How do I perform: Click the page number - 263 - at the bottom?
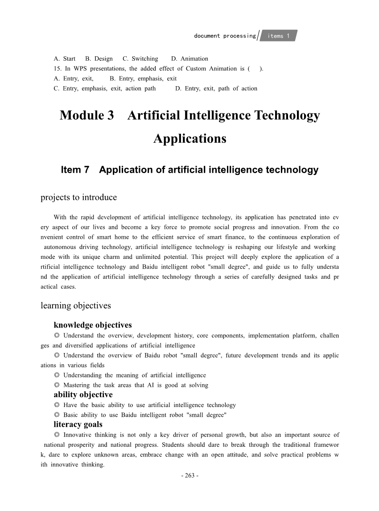tap(189, 475)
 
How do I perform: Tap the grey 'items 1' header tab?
tap(279, 36)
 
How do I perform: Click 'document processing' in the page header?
tap(225, 36)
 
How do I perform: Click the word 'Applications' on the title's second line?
tap(190, 139)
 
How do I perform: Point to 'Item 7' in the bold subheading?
tap(75, 170)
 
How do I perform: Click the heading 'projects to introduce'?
tap(78, 197)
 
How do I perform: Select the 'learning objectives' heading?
tap(75, 306)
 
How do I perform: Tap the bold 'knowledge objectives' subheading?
tap(92, 325)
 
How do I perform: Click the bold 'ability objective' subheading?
tap(83, 395)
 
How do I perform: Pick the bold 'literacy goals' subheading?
tap(78, 424)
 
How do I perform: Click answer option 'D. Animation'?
tap(189, 58)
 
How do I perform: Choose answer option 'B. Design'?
tap(99, 58)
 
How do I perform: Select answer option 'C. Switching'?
tap(140, 58)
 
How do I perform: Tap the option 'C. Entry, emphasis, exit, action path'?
tap(104, 88)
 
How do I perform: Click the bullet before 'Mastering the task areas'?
tap(57, 385)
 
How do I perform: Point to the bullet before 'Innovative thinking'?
tap(57, 435)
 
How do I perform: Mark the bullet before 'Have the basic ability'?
tap(57, 405)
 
